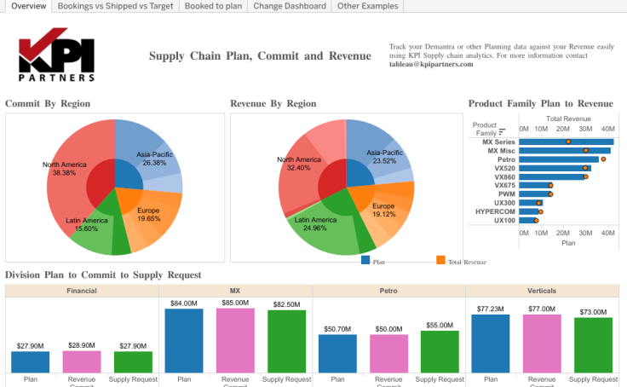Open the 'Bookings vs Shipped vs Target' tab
116,6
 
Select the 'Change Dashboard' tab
289,6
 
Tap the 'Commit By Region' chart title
48,104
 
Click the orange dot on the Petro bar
603,159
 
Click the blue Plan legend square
365,260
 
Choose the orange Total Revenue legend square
440,260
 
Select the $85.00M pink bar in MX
235,340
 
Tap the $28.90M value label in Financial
82,344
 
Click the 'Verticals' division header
542,291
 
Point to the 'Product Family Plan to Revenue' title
540,104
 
